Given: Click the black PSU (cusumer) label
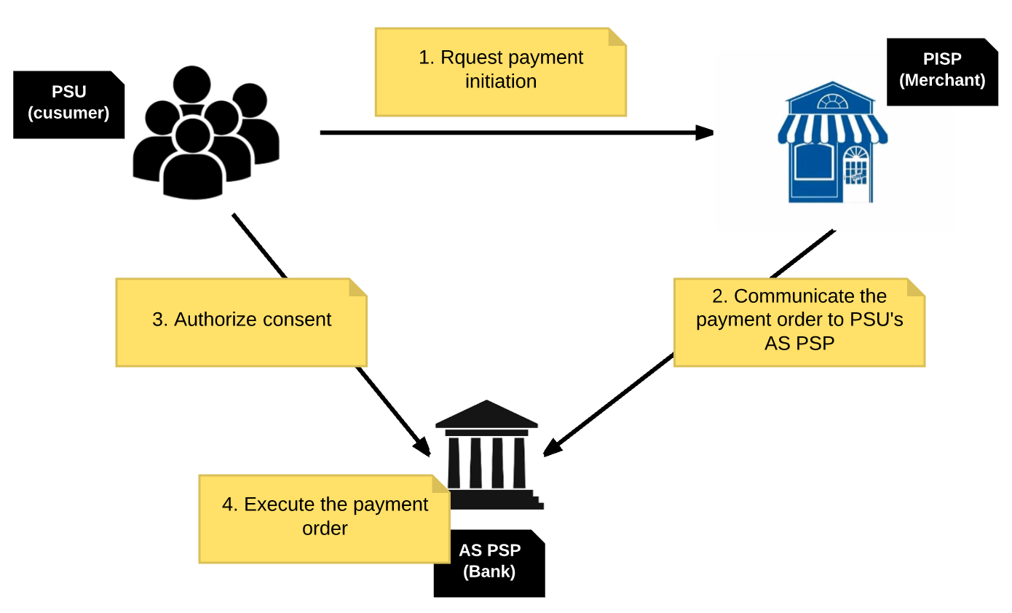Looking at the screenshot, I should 68,103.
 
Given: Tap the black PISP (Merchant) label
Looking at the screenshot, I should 941,71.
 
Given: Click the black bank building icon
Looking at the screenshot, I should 487,453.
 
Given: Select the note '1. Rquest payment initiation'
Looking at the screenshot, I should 500,71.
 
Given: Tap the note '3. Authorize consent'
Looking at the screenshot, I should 241,321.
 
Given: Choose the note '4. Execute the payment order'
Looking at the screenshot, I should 324,518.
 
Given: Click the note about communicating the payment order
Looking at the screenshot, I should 799,321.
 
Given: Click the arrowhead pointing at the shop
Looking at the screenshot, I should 704,133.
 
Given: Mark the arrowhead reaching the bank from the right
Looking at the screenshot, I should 553,447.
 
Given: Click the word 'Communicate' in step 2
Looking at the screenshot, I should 784,296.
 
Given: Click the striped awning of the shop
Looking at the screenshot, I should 832,128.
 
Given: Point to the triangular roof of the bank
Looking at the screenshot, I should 486,414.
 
